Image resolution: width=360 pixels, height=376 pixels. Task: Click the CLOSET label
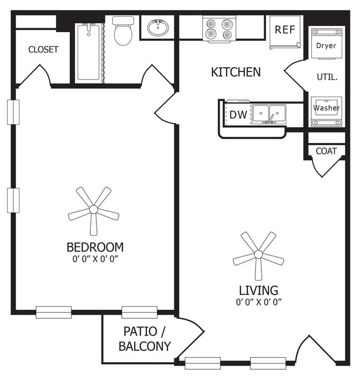(43, 49)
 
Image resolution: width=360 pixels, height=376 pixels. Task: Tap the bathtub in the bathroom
(89, 53)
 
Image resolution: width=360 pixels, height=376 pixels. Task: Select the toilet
(122, 32)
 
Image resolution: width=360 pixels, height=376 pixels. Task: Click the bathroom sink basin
(159, 27)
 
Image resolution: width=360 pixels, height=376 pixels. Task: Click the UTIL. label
(327, 77)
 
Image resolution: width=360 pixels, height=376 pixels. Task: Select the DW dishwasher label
(238, 115)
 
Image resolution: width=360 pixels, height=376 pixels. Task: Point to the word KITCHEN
(235, 72)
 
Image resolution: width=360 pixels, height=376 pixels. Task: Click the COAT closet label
(326, 151)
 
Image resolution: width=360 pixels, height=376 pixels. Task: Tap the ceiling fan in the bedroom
(94, 210)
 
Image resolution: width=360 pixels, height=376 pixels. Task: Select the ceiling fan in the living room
(258, 255)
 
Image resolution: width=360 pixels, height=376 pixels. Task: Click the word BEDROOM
(95, 247)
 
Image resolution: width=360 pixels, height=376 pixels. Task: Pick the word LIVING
(258, 290)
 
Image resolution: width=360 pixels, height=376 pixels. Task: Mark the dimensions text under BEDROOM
(95, 258)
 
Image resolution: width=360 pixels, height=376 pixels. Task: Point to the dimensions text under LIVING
(258, 302)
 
